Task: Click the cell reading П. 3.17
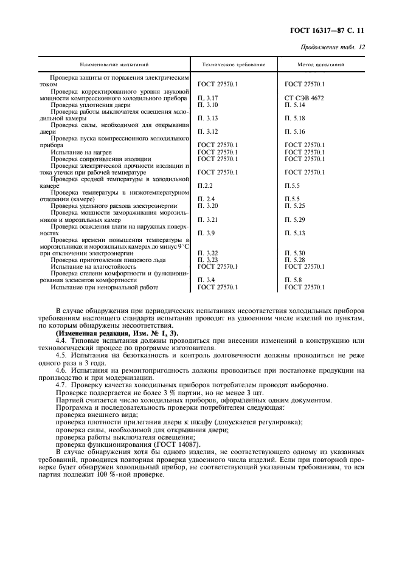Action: tap(208, 97)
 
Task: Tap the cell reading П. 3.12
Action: tap(208, 131)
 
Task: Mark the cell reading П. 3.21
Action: tap(208, 219)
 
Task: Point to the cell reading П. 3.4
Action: tap(207, 280)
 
